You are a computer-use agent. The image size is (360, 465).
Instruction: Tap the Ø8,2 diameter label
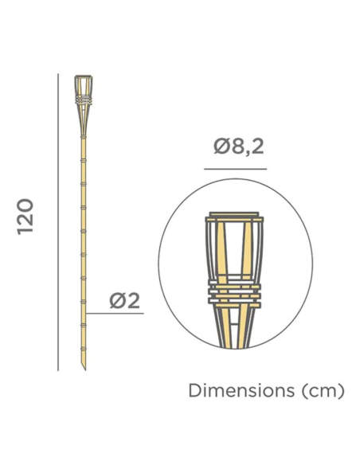(x=239, y=147)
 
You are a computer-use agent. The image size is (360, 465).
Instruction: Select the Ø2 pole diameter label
(x=124, y=300)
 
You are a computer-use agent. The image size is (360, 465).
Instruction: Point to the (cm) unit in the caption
(x=323, y=391)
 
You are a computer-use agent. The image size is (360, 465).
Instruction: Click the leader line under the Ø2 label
(x=115, y=314)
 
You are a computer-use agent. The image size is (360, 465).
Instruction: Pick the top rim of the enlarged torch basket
(x=233, y=216)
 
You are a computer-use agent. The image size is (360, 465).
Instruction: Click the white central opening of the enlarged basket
(x=233, y=251)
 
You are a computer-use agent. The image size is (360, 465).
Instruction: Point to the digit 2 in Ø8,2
(x=257, y=147)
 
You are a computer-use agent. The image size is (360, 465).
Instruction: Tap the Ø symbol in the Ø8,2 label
(x=221, y=147)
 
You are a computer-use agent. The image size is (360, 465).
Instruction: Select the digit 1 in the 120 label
(x=25, y=232)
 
